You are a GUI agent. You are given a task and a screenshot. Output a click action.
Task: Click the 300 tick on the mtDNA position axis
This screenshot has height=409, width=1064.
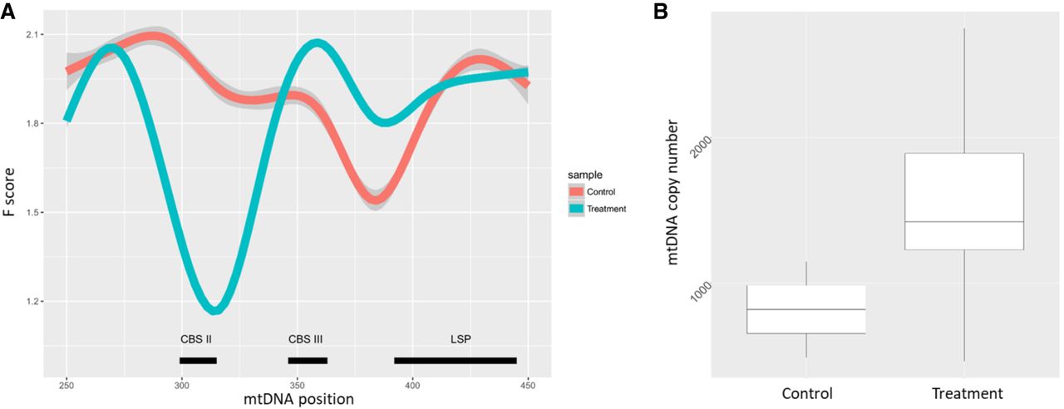[182, 386]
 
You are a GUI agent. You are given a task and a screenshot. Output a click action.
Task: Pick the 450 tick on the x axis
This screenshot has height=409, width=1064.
[529, 386]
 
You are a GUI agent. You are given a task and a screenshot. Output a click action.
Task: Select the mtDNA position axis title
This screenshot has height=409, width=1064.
[298, 400]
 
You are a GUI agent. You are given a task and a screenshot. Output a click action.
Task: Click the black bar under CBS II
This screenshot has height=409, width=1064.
[198, 360]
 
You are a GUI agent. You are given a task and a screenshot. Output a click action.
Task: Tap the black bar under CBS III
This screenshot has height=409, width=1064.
[308, 360]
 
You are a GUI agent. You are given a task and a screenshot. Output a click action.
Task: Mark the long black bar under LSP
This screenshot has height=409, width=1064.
[456, 360]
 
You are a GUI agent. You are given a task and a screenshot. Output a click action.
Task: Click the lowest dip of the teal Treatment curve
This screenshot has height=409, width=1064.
[215, 308]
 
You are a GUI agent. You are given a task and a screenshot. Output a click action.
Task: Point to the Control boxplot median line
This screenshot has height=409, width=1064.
[806, 309]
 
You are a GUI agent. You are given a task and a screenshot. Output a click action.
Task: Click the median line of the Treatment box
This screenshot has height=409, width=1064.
[963, 222]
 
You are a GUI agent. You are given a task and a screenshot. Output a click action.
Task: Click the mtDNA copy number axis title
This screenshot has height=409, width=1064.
[675, 193]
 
